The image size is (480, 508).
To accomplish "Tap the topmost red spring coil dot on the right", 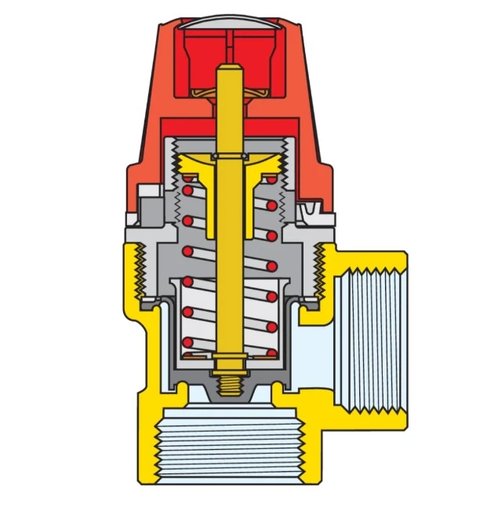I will (271, 181).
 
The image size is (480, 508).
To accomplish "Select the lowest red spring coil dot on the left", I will (187, 342).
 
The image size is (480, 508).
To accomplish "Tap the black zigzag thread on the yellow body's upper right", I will (319, 272).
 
